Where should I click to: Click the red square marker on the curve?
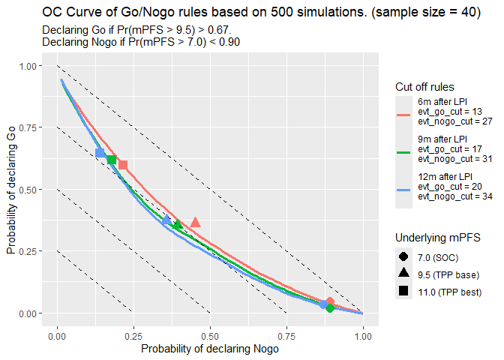[x=123, y=165]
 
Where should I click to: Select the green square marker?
[x=112, y=160]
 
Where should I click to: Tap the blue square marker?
[x=100, y=153]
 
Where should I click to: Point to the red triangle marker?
[x=196, y=223]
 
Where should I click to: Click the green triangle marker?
[x=178, y=225]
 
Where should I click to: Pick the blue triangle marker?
[x=166, y=220]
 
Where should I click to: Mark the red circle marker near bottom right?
[x=330, y=301]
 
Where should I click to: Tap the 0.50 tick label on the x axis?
[x=211, y=336]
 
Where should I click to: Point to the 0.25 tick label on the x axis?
[x=133, y=336]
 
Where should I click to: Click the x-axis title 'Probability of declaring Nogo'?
[x=210, y=349]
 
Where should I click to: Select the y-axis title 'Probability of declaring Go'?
[x=11, y=189]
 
